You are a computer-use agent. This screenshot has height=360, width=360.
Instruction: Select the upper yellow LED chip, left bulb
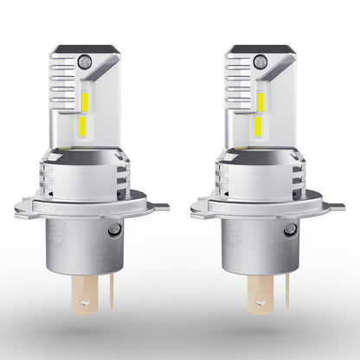[x=87, y=100]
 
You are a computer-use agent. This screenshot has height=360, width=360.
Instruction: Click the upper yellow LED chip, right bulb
[x=262, y=100]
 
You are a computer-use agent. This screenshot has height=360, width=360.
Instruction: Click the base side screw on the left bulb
[x=114, y=230]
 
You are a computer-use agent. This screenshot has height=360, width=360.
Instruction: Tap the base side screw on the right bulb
[x=290, y=230]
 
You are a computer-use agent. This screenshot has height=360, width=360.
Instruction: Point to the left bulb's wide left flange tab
[x=28, y=209]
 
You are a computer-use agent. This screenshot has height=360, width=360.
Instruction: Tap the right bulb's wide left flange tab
[x=204, y=209]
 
